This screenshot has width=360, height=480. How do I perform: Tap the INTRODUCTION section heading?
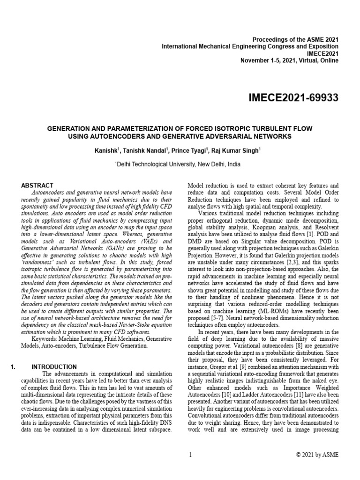(54, 367)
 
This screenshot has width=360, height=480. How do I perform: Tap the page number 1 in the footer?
(190, 454)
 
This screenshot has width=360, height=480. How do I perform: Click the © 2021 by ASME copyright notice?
(318, 454)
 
